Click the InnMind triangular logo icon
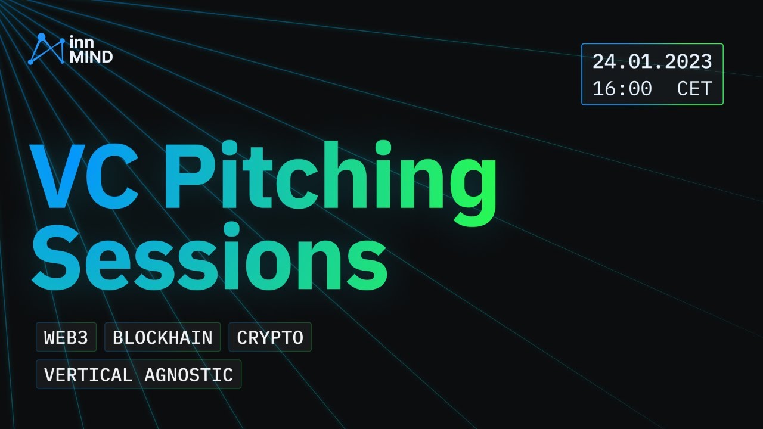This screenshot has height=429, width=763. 46,49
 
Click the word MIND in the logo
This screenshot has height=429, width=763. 91,57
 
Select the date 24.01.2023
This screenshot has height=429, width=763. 652,61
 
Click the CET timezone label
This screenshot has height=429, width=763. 694,89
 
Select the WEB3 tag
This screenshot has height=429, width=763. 66,338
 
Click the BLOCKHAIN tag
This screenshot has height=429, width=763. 163,338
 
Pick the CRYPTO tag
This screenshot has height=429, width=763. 270,338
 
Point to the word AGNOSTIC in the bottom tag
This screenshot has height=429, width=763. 188,375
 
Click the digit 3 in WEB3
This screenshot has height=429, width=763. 83,338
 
